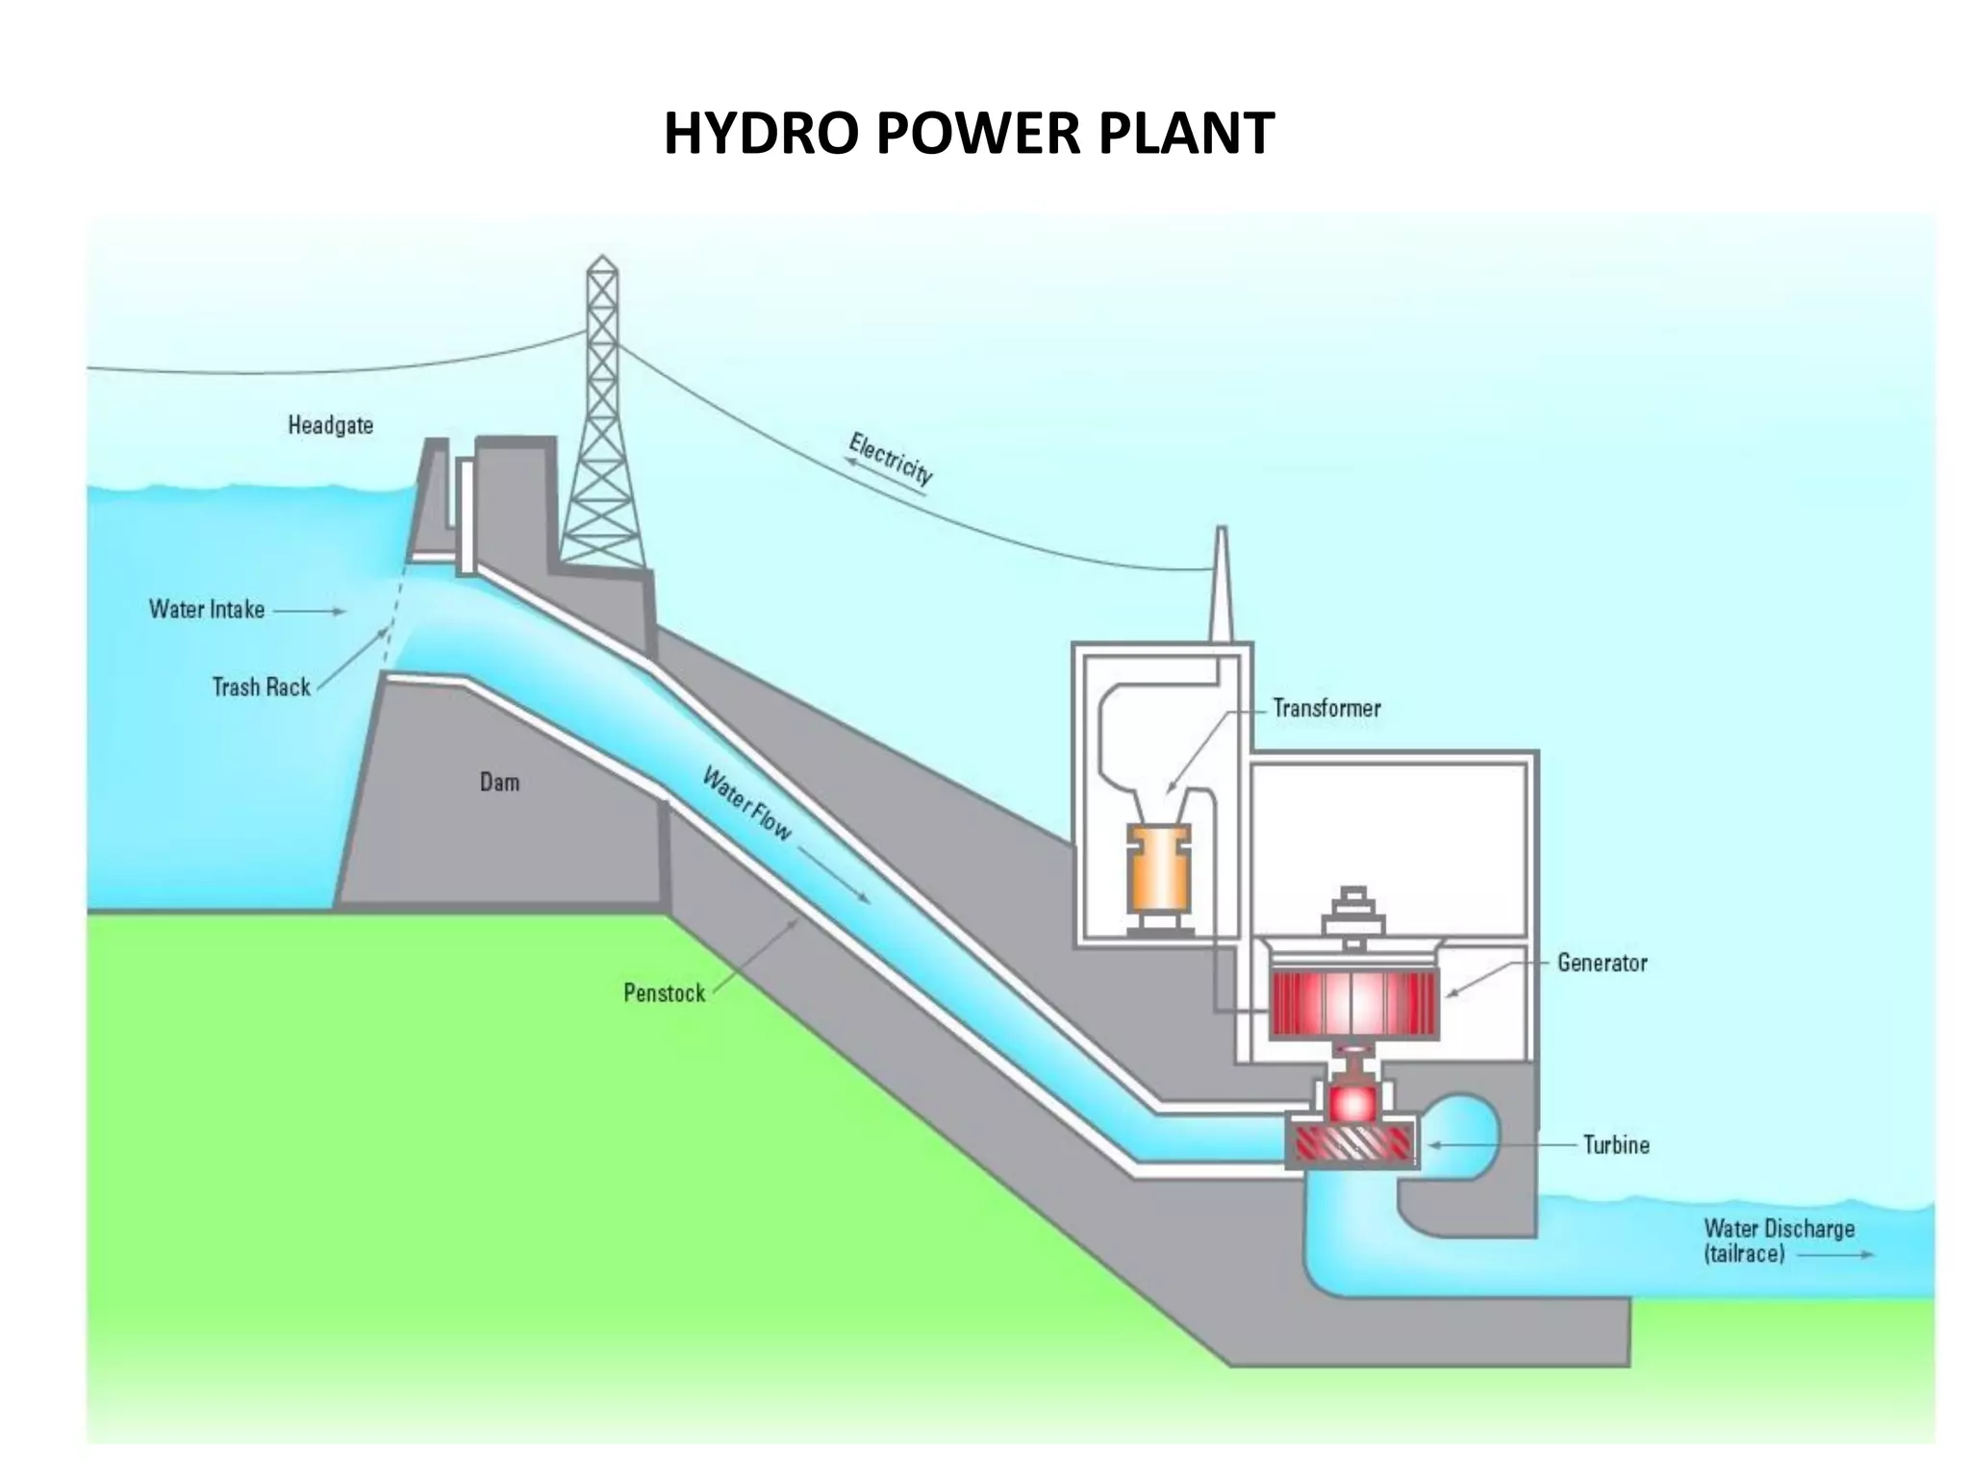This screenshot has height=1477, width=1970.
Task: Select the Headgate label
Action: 330,425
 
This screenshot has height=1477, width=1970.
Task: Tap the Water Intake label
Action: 207,610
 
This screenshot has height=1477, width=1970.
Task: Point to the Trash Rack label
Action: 261,688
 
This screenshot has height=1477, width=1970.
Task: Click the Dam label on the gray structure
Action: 499,783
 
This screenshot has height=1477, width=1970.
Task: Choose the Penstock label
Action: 664,993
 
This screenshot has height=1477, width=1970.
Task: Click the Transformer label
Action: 1326,709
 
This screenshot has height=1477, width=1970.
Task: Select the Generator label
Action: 1602,963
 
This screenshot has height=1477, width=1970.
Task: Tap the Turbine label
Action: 1616,1145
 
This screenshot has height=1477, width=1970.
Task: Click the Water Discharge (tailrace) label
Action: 1779,1240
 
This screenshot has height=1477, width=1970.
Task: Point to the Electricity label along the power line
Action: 891,459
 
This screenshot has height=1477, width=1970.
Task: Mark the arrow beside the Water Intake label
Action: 309,611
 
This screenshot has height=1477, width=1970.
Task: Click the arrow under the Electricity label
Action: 883,476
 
